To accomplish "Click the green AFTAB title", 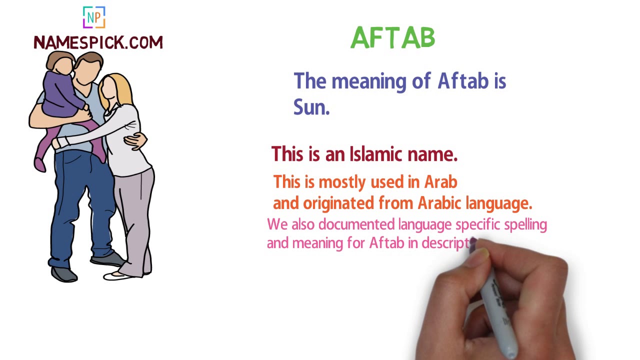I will pyautogui.click(x=393, y=38).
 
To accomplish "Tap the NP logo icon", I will pyautogui.click(x=94, y=17).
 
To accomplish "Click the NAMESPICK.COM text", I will pyautogui.click(x=98, y=42).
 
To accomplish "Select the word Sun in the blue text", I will pyautogui.click(x=310, y=107).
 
